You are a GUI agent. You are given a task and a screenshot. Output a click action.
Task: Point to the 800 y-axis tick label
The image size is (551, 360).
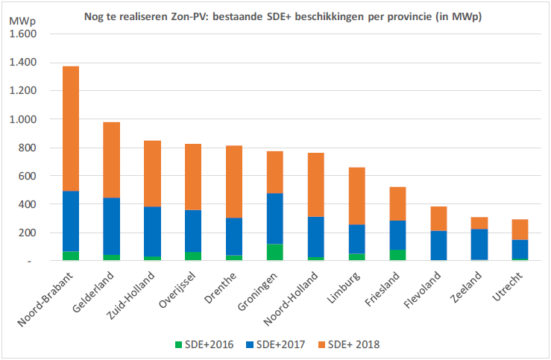tap(28, 148)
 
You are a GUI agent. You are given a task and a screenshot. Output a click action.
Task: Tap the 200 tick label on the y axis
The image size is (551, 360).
tap(28, 233)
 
